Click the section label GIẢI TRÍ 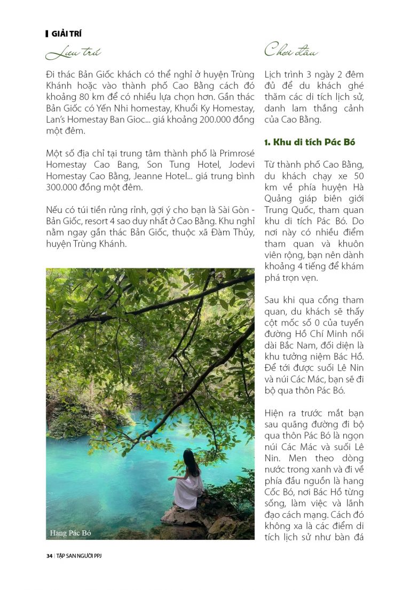pyautogui.click(x=66, y=34)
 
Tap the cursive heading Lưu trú pyautogui.click(x=73, y=53)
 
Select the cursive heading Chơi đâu pyautogui.click(x=291, y=51)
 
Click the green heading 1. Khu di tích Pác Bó pyautogui.click(x=310, y=142)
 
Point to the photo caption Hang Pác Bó pyautogui.click(x=71, y=533)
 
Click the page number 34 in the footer pyautogui.click(x=49, y=556)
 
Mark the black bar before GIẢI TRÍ pyautogui.click(x=48, y=34)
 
